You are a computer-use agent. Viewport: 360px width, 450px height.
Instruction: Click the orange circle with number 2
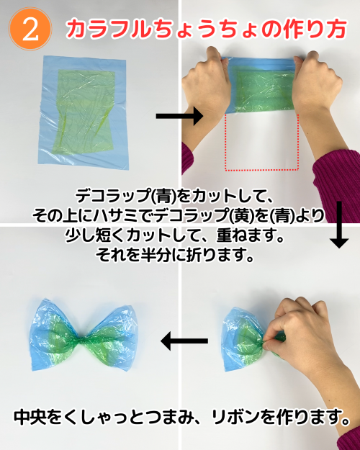pyautogui.click(x=30, y=29)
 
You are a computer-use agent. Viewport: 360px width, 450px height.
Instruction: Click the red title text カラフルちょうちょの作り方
pyautogui.click(x=206, y=30)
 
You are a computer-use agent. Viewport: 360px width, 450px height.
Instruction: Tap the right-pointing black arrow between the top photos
pyautogui.click(x=179, y=116)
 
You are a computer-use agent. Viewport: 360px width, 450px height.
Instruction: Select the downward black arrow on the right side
pyautogui.click(x=339, y=225)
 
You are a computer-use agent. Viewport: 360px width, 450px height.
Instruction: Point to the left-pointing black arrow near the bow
pyautogui.click(x=184, y=341)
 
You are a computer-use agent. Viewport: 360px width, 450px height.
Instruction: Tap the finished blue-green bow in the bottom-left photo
pyautogui.click(x=82, y=336)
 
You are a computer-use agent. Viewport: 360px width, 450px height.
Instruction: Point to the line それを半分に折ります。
pyautogui.click(x=175, y=253)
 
